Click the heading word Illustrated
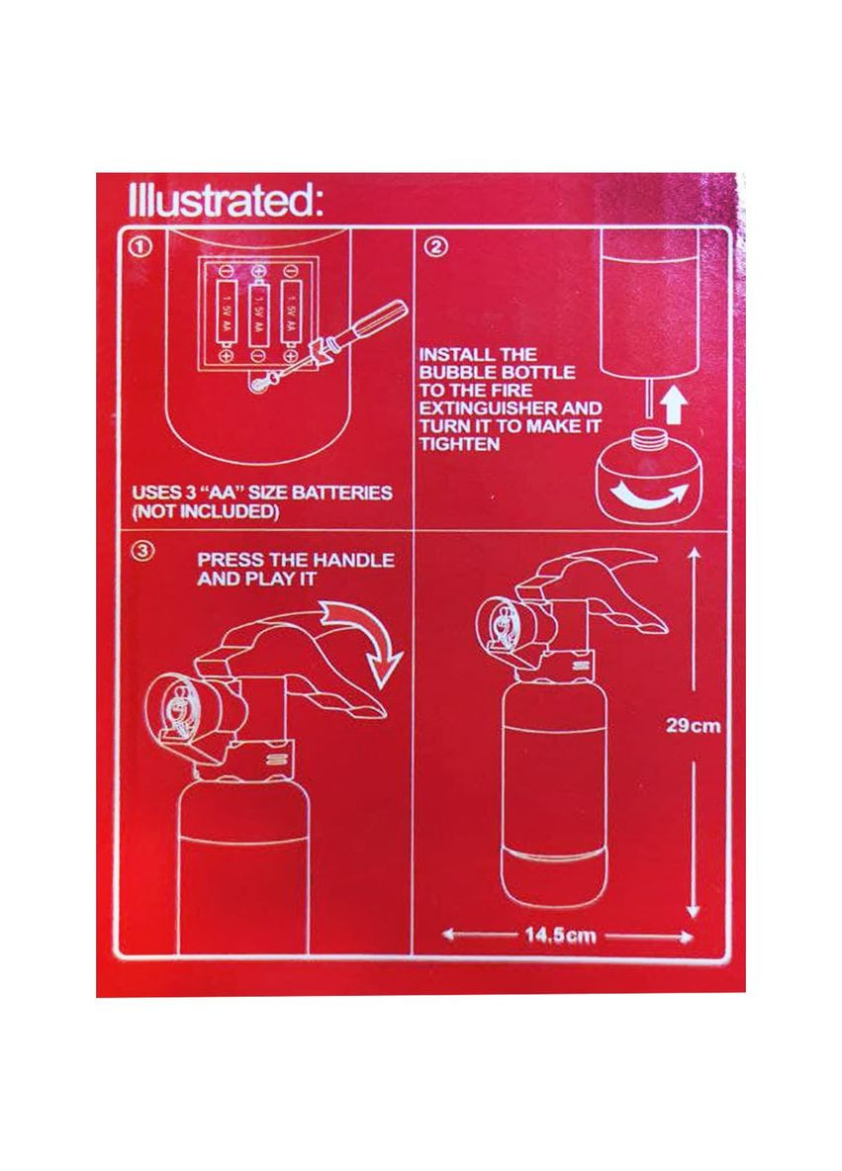pos(225,201)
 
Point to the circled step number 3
pos(141,551)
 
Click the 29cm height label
pos(693,725)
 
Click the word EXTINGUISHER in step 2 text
pos(485,407)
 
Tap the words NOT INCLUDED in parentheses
pos(206,511)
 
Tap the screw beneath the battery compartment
pos(258,384)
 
